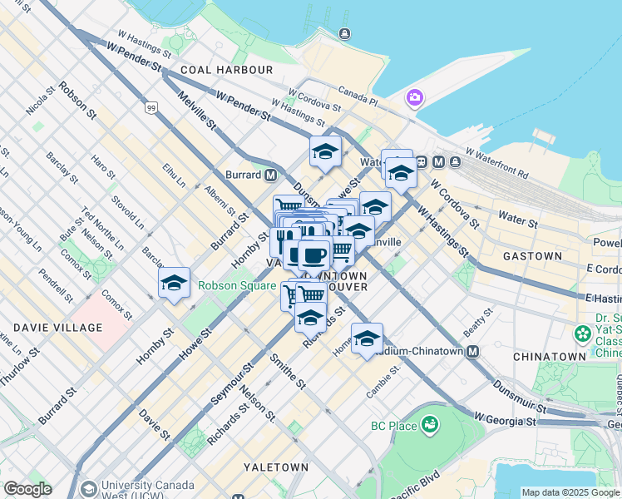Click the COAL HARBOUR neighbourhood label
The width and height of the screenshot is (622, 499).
point(226,70)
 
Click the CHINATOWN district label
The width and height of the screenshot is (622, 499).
point(550,356)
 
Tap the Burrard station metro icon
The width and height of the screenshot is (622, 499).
point(270,175)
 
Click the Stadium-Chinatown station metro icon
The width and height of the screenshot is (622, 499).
point(472,352)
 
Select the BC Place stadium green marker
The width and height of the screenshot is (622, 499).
point(430,427)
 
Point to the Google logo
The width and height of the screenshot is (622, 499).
point(27,489)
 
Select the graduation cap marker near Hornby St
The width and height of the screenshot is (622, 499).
point(174,284)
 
